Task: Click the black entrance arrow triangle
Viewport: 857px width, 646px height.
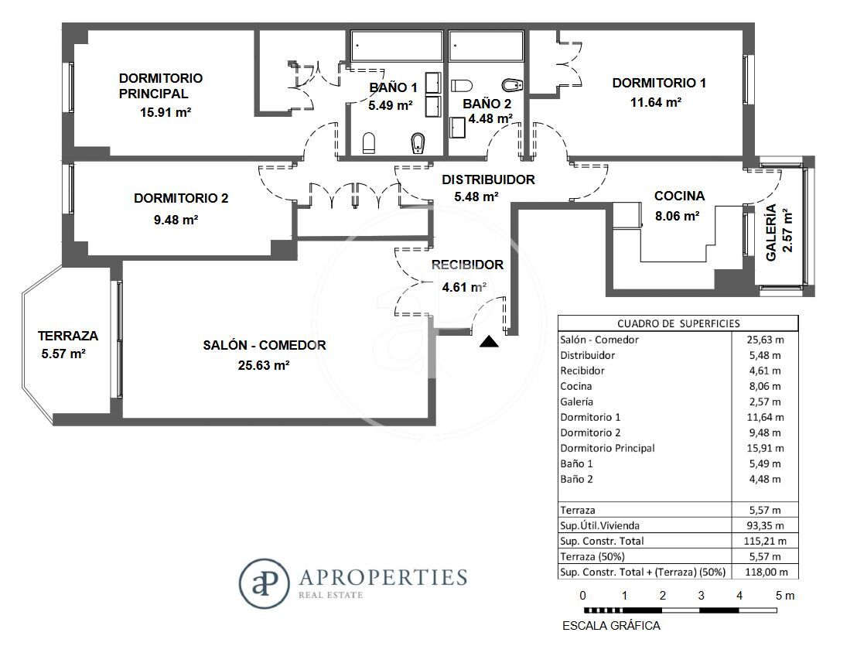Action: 489,342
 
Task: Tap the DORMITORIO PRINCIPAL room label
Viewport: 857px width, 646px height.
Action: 161,86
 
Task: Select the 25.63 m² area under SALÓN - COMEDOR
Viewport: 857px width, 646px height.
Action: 264,365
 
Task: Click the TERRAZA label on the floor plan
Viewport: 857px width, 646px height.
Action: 68,336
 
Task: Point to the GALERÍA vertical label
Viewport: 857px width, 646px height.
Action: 771,232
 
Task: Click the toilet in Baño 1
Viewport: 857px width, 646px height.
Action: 370,143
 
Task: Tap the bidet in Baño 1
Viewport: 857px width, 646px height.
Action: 418,143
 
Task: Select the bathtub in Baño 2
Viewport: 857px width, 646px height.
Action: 486,46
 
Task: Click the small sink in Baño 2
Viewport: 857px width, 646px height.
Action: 457,128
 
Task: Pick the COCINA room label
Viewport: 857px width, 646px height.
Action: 679,196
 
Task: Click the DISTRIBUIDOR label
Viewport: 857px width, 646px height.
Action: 488,179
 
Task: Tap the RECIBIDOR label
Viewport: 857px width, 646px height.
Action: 467,265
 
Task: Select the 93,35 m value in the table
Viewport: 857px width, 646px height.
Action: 765,526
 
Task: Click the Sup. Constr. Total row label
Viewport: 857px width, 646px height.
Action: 602,541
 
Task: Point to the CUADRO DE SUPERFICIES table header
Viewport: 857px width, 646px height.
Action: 678,323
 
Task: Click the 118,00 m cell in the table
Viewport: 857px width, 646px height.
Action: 767,573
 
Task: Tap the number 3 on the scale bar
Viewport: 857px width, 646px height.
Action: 702,596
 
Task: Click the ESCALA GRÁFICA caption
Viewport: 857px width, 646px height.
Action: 611,626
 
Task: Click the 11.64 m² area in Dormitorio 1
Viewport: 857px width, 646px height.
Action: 656,102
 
